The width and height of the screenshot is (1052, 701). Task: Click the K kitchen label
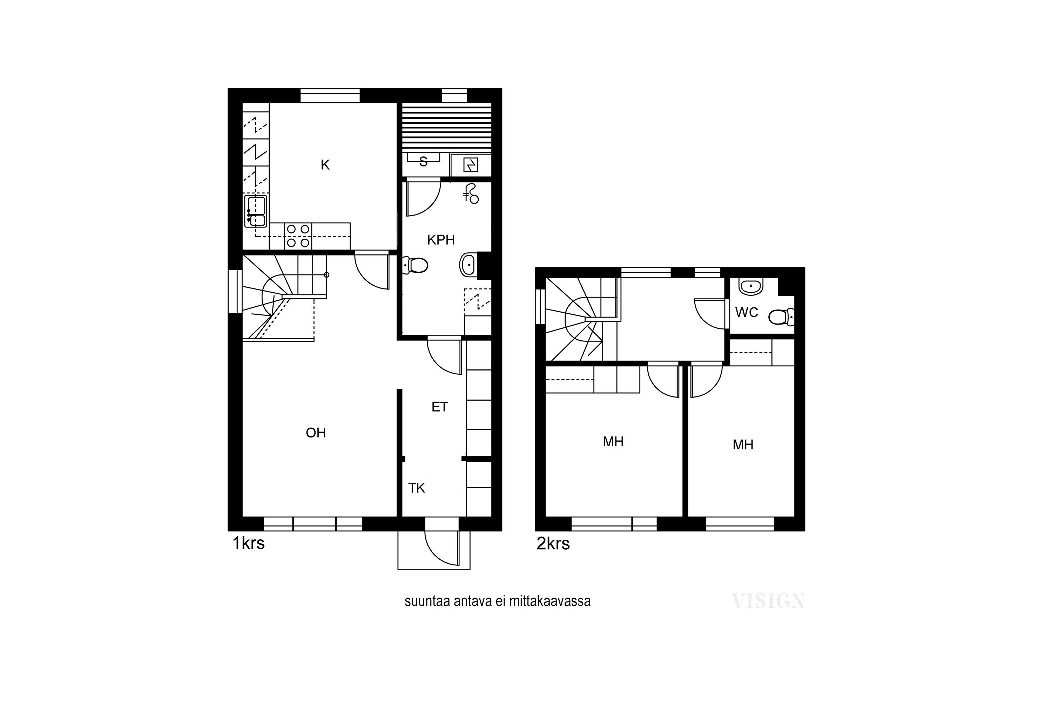(325, 165)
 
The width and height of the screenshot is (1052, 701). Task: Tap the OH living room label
(316, 433)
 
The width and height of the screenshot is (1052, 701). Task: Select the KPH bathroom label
(441, 240)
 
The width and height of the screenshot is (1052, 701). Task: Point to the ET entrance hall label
(440, 407)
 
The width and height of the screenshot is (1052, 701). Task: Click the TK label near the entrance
(417, 488)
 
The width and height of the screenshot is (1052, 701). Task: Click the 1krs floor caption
(249, 543)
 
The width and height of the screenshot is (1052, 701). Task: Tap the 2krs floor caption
(553, 544)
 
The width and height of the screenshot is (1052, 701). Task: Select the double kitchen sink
(256, 211)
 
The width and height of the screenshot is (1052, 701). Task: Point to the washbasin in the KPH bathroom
(468, 265)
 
